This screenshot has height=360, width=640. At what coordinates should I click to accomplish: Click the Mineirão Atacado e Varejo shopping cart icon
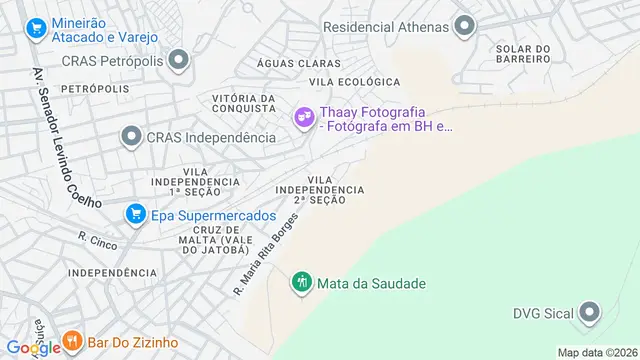click(37, 27)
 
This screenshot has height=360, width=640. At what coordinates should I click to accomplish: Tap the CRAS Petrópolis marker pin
click(178, 62)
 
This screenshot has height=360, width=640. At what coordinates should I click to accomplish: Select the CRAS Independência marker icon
click(131, 136)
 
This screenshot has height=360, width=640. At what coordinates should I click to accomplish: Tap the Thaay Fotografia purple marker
click(302, 118)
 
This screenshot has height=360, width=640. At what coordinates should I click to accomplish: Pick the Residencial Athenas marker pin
click(464, 26)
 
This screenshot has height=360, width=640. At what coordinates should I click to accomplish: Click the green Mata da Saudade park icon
click(301, 283)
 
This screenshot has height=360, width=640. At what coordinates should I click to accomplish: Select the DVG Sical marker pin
click(591, 313)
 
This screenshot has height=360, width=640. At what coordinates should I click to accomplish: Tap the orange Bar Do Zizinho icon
click(72, 343)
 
